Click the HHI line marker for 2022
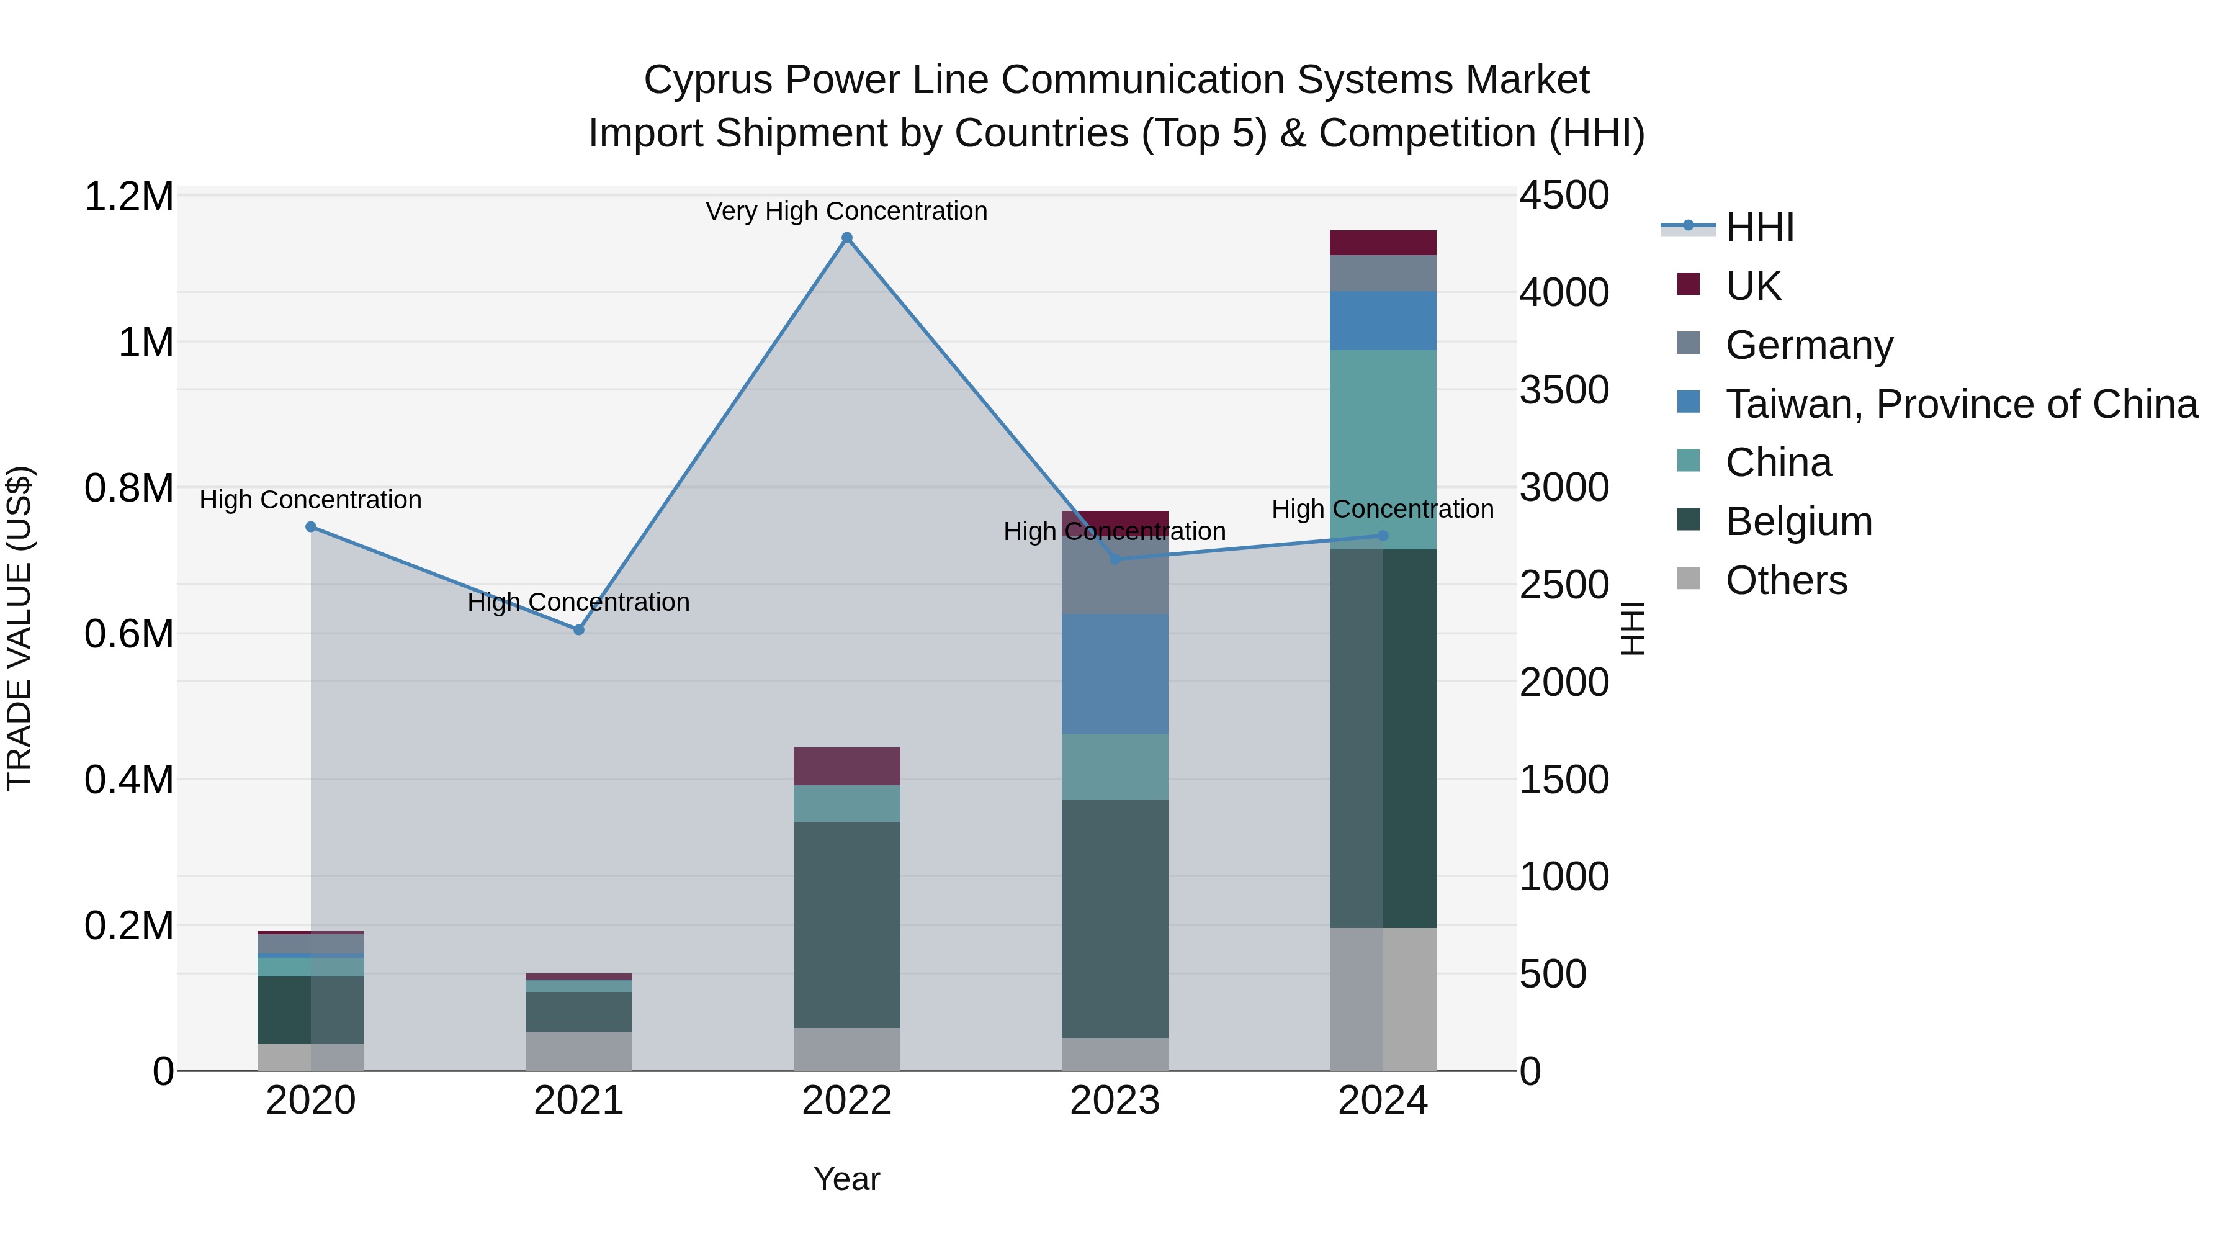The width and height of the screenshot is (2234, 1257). click(846, 238)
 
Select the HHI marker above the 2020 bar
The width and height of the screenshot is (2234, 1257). click(310, 526)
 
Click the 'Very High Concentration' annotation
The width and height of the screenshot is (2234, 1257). click(846, 211)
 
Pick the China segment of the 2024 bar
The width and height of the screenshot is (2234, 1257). click(1383, 449)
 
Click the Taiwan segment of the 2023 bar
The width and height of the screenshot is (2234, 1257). click(1115, 674)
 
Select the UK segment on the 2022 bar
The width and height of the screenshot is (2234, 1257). click(846, 766)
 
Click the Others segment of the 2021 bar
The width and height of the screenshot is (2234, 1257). click(578, 1050)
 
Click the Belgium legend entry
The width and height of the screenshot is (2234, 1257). click(1798, 521)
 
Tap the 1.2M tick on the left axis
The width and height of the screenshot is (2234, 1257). click(128, 197)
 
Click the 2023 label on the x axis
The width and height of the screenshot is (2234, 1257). click(1115, 1101)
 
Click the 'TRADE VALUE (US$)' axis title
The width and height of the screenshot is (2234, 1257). click(19, 628)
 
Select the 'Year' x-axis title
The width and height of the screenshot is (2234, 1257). click(846, 1179)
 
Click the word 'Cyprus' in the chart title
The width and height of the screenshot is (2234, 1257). click(707, 80)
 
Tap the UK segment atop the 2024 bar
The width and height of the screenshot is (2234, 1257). click(1383, 243)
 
